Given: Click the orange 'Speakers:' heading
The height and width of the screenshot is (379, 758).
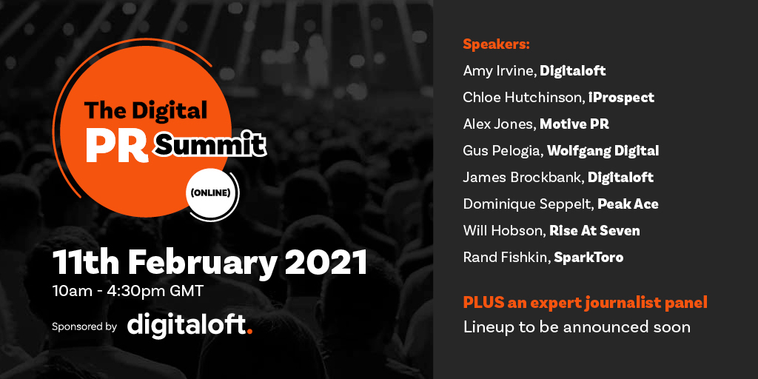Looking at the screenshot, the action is click(497, 44).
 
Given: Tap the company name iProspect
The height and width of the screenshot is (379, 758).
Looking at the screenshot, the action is click(621, 98).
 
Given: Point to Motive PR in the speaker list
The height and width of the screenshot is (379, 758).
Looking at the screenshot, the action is click(574, 124).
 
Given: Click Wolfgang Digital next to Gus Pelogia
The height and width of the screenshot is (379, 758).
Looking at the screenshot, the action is click(603, 151).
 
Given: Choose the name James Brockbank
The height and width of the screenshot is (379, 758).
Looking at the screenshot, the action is click(523, 178).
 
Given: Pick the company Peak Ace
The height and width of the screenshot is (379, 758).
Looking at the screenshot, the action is click(628, 204).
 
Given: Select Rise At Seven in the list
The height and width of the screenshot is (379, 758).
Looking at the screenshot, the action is click(594, 231).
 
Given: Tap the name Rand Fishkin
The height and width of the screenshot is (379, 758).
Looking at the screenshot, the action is click(506, 257).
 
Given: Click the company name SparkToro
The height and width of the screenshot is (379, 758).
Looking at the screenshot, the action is click(588, 258).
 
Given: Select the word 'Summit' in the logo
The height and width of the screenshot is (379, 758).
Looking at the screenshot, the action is click(210, 144).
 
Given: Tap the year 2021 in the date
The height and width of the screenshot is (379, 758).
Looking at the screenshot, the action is click(326, 263).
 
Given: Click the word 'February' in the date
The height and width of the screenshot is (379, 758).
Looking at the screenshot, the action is click(203, 264).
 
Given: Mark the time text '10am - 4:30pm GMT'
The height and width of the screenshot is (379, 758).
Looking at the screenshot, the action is click(129, 291).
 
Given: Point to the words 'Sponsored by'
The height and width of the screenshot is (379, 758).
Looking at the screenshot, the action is click(84, 326).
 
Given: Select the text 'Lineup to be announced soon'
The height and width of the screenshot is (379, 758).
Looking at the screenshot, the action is click(577, 327).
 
